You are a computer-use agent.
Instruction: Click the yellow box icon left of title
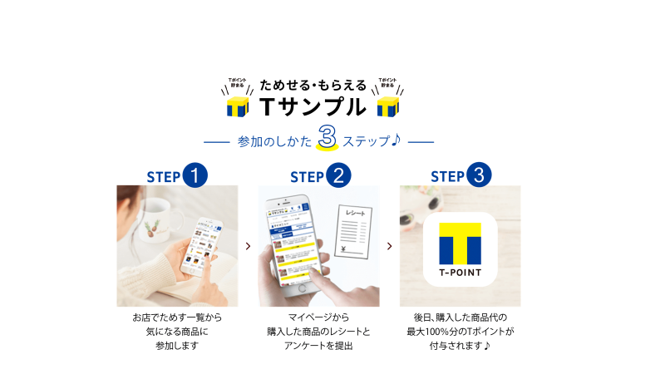coord(238,106)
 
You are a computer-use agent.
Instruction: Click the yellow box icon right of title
coord(387,106)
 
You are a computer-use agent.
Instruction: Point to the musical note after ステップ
coord(397,140)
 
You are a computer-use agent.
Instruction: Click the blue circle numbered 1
coord(195,175)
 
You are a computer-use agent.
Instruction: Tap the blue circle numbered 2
coord(337,175)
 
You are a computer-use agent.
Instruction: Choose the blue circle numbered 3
coord(479,175)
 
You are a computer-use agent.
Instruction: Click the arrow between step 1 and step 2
coord(248,246)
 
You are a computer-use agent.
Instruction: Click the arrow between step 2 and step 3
coord(390,246)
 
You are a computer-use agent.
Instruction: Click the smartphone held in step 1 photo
coord(199,246)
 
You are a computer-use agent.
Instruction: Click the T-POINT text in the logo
coord(461,271)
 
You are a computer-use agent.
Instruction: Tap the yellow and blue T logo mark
coord(461,242)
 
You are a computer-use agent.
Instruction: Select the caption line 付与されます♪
coord(460,345)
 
